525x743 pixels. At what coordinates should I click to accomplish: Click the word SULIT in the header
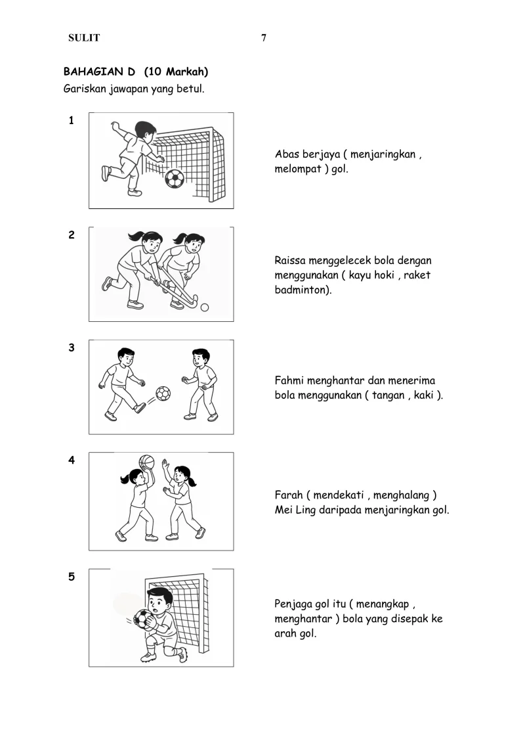tap(84, 38)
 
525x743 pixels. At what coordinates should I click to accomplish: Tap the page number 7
tap(264, 38)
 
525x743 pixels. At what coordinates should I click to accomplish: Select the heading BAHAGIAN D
tap(99, 72)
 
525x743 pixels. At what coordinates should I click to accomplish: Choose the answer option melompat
tap(298, 169)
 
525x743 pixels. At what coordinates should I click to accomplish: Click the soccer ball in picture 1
tap(174, 179)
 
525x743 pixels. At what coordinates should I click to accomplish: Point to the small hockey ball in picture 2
tap(205, 307)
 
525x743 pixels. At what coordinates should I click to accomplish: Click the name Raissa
tap(289, 261)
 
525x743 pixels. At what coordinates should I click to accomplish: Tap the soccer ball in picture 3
tap(163, 394)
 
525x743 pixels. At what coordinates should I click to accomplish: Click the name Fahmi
tap(289, 380)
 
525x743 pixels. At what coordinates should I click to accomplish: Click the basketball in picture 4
tap(147, 462)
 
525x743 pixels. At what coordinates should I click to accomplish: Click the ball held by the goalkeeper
tap(144, 618)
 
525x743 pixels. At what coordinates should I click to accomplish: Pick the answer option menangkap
tap(382, 604)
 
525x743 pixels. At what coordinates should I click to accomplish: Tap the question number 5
tap(72, 577)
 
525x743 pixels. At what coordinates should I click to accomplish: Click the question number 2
tap(72, 235)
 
